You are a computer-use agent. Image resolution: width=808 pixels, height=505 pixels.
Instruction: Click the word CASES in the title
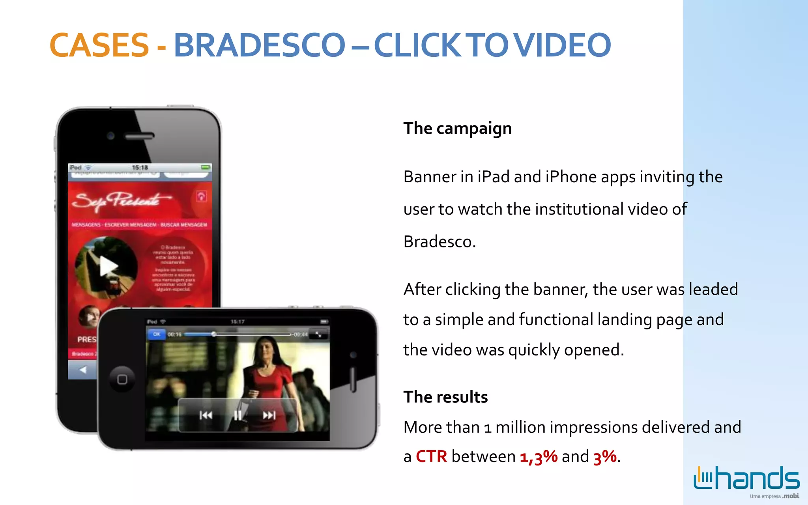[x=99, y=45]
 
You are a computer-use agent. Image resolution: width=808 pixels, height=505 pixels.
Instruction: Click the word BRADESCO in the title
[x=260, y=45]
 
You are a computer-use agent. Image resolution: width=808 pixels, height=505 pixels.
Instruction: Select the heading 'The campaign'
[x=457, y=129]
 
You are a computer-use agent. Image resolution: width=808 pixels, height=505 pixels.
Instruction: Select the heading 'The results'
[x=445, y=397]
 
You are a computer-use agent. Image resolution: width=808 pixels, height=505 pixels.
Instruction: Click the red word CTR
[x=431, y=456]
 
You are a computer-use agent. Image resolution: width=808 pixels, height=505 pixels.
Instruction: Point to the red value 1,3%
[x=539, y=457]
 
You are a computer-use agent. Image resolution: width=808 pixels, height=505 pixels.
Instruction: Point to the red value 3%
[x=605, y=457]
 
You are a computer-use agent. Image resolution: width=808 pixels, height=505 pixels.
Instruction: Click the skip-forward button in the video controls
[x=269, y=415]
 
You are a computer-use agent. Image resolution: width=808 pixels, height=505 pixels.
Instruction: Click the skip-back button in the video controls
[x=206, y=415]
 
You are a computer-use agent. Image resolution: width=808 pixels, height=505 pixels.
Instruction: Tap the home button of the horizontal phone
[x=122, y=379]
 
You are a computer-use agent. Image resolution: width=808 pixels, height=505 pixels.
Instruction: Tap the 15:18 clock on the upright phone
[x=140, y=168]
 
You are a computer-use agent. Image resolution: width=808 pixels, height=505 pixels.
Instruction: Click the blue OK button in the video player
[x=157, y=334]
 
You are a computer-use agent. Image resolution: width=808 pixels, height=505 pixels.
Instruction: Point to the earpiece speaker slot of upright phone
[x=139, y=137]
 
